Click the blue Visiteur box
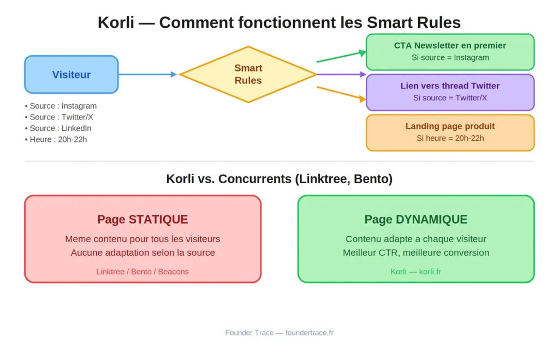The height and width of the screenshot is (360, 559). click(72, 75)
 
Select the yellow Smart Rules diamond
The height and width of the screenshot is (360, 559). click(248, 74)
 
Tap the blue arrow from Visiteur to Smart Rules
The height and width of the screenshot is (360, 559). click(148, 74)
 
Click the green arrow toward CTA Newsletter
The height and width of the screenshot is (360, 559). click(341, 57)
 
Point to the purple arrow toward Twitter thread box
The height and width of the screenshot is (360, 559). click(341, 74)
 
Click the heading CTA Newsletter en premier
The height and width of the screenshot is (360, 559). click(450, 46)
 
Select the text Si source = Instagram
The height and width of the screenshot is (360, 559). click(450, 57)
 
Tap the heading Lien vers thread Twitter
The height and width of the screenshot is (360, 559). click(450, 86)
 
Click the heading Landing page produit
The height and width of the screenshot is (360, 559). click(450, 127)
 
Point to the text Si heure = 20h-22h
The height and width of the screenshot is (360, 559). click(450, 138)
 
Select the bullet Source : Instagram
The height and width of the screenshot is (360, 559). click(61, 106)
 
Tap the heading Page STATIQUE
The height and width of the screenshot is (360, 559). click(142, 219)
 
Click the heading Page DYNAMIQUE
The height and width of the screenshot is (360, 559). click(415, 219)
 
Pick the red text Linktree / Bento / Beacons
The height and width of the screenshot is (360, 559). click(142, 272)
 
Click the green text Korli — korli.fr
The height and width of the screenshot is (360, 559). click(415, 272)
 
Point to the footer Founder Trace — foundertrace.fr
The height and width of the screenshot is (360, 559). click(279, 333)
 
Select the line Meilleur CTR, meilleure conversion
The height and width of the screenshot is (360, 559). click(415, 253)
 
